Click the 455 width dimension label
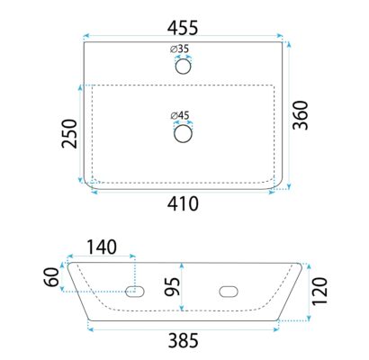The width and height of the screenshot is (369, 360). click(183, 28)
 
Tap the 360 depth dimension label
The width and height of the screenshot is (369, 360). click(301, 115)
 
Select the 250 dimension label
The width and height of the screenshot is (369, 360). click(69, 134)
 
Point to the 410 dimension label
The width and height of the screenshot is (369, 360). click(183, 204)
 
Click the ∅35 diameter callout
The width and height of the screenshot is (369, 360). click(180, 49)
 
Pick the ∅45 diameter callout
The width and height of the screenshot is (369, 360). click(180, 115)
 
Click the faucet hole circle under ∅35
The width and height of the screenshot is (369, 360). click(183, 67)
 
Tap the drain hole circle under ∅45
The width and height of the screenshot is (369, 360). click(183, 134)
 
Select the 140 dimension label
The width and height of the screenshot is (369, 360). click(102, 247)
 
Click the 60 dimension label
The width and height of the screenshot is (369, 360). click(51, 277)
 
